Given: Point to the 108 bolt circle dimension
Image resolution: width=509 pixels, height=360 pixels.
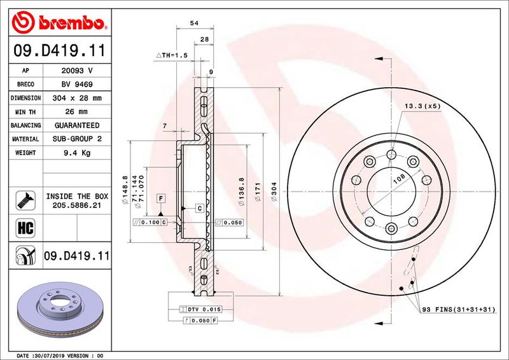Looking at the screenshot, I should pos(399,181).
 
